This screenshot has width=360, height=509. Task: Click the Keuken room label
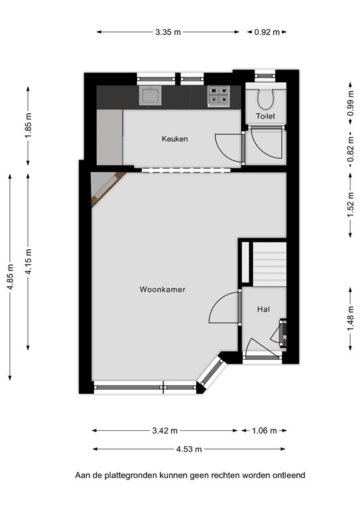(x=174, y=139)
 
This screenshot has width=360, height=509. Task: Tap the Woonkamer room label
(x=162, y=290)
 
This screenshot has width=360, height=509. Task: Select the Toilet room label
(x=265, y=116)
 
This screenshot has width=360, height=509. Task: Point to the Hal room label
(x=263, y=310)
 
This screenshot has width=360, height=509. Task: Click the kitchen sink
(x=150, y=95)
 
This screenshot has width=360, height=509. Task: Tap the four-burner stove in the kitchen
(x=219, y=96)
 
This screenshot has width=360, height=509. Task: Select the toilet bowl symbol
(x=266, y=99)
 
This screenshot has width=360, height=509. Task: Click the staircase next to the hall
(x=269, y=264)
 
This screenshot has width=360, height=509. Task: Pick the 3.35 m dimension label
(x=168, y=32)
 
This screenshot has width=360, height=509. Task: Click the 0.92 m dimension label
(x=267, y=32)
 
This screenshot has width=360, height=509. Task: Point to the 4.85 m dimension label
(x=10, y=277)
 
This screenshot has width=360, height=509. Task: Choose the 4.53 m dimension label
(x=189, y=449)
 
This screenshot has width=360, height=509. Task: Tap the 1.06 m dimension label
(x=265, y=431)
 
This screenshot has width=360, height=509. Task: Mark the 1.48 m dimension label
(x=351, y=319)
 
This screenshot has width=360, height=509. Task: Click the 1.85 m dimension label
(x=29, y=125)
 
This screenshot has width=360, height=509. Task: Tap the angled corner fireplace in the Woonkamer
(x=109, y=190)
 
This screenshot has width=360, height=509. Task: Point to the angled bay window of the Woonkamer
(x=211, y=373)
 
